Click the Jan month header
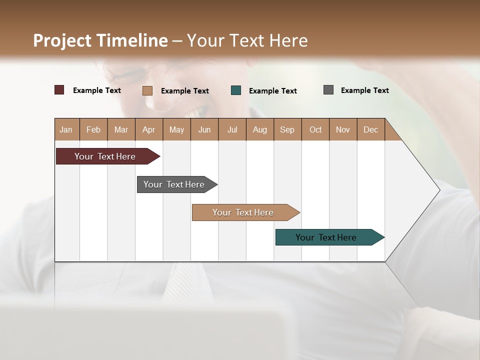coord(66,129)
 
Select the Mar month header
coord(121,129)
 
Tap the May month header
coord(176,129)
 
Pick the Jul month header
coord(232,129)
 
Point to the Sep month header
coord(287,129)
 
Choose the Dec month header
coord(370,129)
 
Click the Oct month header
coord(315,129)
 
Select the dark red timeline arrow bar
coord(105,156)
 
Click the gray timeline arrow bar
coord(174,184)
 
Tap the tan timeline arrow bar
coord(243,212)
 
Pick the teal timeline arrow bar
coord(326,237)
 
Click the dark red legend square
coord(59,90)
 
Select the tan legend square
coord(147,90)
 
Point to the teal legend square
coord(236,90)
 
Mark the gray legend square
coord(328,90)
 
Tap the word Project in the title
coord(62,40)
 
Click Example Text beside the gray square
coord(364,90)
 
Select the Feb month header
coord(93,129)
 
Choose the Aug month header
coord(259,129)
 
